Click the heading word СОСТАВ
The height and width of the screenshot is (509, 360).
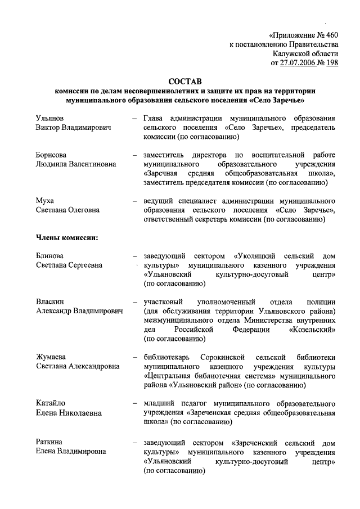[x=185, y=82]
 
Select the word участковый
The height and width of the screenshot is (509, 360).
[x=165, y=301]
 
